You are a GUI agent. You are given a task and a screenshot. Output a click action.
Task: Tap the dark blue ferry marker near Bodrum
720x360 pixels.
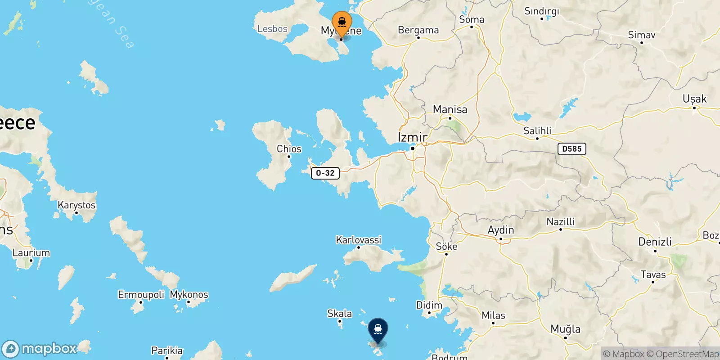378,330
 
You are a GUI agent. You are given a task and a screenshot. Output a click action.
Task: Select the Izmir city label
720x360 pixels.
413,137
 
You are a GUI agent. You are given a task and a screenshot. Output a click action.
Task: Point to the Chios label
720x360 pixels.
289,149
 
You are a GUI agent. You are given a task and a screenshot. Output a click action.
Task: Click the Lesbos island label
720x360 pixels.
272,29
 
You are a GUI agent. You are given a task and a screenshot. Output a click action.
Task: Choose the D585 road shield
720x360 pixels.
571,149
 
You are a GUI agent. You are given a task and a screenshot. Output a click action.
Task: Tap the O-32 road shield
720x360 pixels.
325,173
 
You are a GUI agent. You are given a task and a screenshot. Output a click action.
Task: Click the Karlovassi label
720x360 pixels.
359,240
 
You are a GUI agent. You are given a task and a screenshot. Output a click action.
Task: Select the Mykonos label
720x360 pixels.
189,295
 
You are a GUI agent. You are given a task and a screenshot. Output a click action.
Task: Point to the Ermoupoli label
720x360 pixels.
141,295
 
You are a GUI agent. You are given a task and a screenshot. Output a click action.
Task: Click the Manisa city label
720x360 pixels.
450,109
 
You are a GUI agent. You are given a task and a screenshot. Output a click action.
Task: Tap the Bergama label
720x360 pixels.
418,30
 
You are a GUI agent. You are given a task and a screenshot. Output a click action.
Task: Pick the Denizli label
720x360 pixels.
655,242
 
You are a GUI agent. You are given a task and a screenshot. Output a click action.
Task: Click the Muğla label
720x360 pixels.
566,329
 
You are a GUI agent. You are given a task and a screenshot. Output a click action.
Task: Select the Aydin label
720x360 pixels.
501,230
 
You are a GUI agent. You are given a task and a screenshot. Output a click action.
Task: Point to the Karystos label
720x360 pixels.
76,205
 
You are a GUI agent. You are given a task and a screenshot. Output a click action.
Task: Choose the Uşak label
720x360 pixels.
694,99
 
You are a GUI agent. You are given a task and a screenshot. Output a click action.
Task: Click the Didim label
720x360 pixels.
429,305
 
